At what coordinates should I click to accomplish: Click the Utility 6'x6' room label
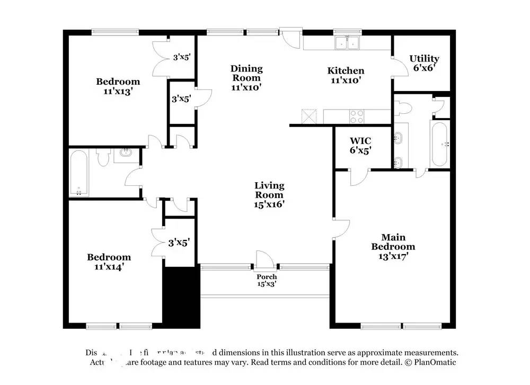424,63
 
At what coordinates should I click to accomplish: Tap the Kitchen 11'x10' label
346,75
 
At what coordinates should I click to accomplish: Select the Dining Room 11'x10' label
246,78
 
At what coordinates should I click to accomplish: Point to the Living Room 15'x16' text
269,194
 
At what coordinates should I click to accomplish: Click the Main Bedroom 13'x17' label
393,246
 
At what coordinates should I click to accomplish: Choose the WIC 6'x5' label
360,146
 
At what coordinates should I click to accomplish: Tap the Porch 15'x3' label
267,280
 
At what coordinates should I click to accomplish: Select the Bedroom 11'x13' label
118,86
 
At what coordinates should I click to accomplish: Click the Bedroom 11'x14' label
109,262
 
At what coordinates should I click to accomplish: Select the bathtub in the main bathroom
439,144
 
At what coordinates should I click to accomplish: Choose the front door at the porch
263,261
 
